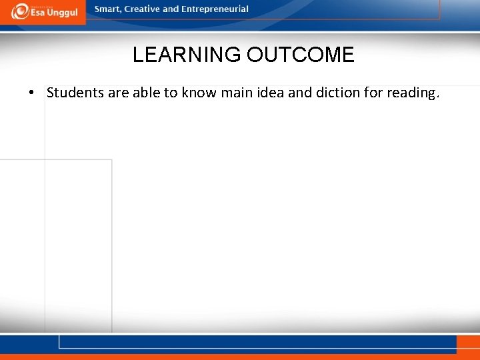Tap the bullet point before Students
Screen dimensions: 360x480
click(32, 93)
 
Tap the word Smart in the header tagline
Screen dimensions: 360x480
click(109, 9)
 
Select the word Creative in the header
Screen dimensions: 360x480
click(143, 9)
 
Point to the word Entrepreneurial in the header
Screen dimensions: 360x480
click(215, 9)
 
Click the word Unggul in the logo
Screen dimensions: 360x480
click(62, 13)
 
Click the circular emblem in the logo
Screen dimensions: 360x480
click(20, 11)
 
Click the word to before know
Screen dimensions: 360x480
click(171, 93)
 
